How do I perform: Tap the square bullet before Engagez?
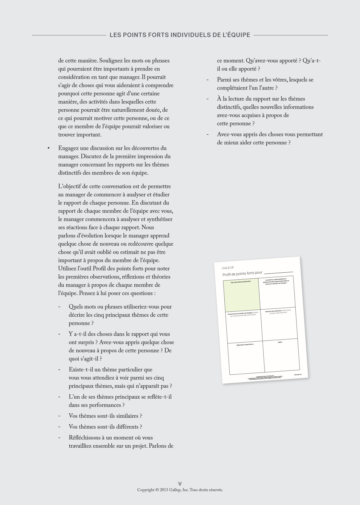click(x=48, y=148)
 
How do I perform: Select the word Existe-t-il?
click(x=81, y=370)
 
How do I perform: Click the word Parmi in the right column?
click(x=223, y=80)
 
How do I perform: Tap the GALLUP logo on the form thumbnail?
click(x=228, y=268)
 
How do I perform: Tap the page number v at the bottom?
click(x=180, y=484)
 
